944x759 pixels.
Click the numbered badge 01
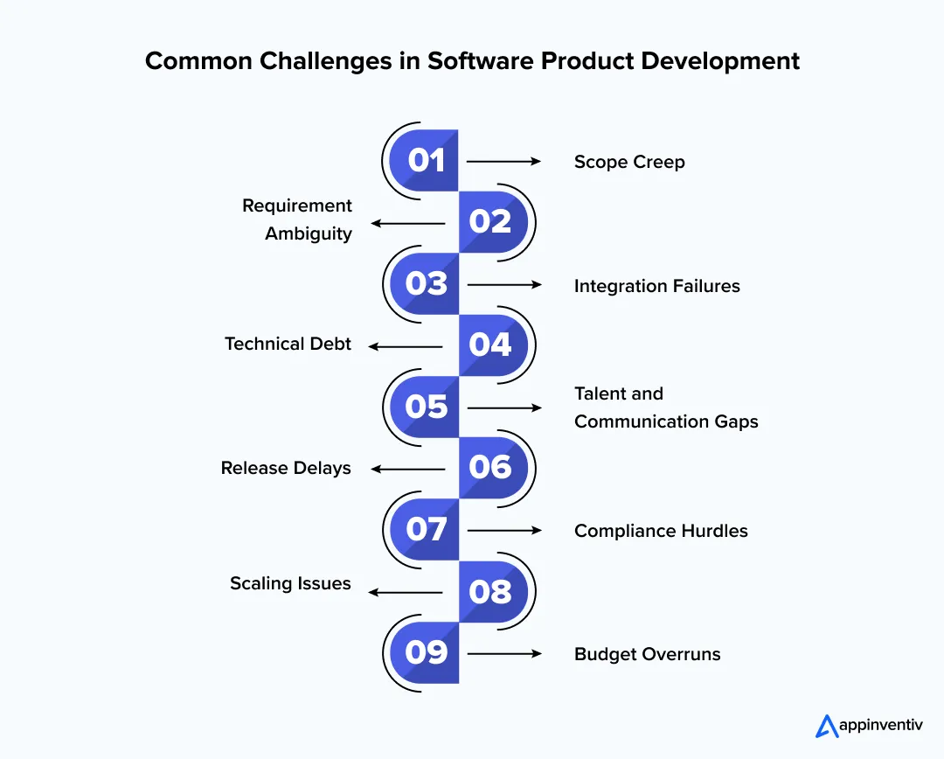click(426, 161)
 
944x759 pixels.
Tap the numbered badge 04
click(490, 345)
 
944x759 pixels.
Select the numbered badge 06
click(490, 468)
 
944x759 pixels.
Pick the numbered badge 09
click(426, 653)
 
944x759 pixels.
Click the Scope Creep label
click(629, 162)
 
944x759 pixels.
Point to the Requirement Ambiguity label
click(297, 219)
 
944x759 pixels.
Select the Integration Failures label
click(656, 286)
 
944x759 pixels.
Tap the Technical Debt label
click(288, 345)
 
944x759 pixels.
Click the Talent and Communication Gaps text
click(665, 407)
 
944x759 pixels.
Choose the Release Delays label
click(286, 469)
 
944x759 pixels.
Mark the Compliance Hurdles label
click(661, 531)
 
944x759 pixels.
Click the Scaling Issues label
click(290, 583)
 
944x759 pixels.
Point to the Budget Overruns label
click(647, 654)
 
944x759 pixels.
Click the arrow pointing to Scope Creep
click(504, 162)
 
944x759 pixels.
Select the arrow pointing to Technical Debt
click(406, 346)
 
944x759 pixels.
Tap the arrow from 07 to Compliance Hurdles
click(504, 531)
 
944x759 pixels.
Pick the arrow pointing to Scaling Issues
click(406, 592)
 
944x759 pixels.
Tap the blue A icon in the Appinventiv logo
click(826, 726)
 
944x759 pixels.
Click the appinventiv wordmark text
click(881, 726)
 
